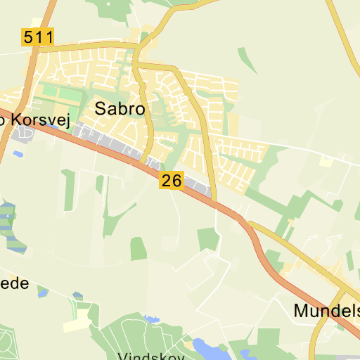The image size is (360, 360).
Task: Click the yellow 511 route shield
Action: [x=38, y=37]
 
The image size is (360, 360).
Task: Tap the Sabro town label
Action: [x=120, y=109]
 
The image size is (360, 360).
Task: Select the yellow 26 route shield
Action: [x=172, y=181]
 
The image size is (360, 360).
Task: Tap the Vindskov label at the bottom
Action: [x=150, y=355]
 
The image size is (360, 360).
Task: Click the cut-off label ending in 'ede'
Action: [x=14, y=283]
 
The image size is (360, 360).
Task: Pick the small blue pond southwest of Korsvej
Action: [x=18, y=154]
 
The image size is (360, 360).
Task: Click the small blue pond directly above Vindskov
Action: [x=150, y=319]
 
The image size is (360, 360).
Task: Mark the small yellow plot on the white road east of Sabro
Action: [x=326, y=161]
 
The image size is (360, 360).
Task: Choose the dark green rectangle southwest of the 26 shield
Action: [x=139, y=248]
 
